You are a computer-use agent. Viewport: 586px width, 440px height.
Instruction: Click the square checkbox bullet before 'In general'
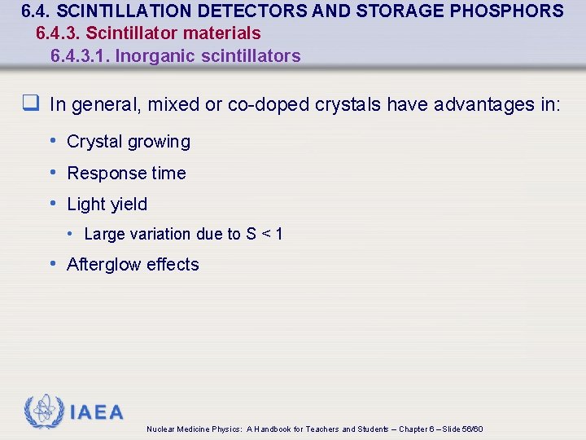point(33,103)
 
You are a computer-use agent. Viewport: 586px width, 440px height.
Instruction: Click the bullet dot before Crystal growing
point(53,140)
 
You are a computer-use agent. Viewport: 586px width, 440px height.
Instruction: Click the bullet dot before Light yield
point(53,203)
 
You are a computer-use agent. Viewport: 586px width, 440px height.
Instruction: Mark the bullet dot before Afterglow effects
point(53,263)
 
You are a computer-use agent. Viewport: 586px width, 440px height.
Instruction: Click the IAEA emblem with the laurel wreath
point(43,412)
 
